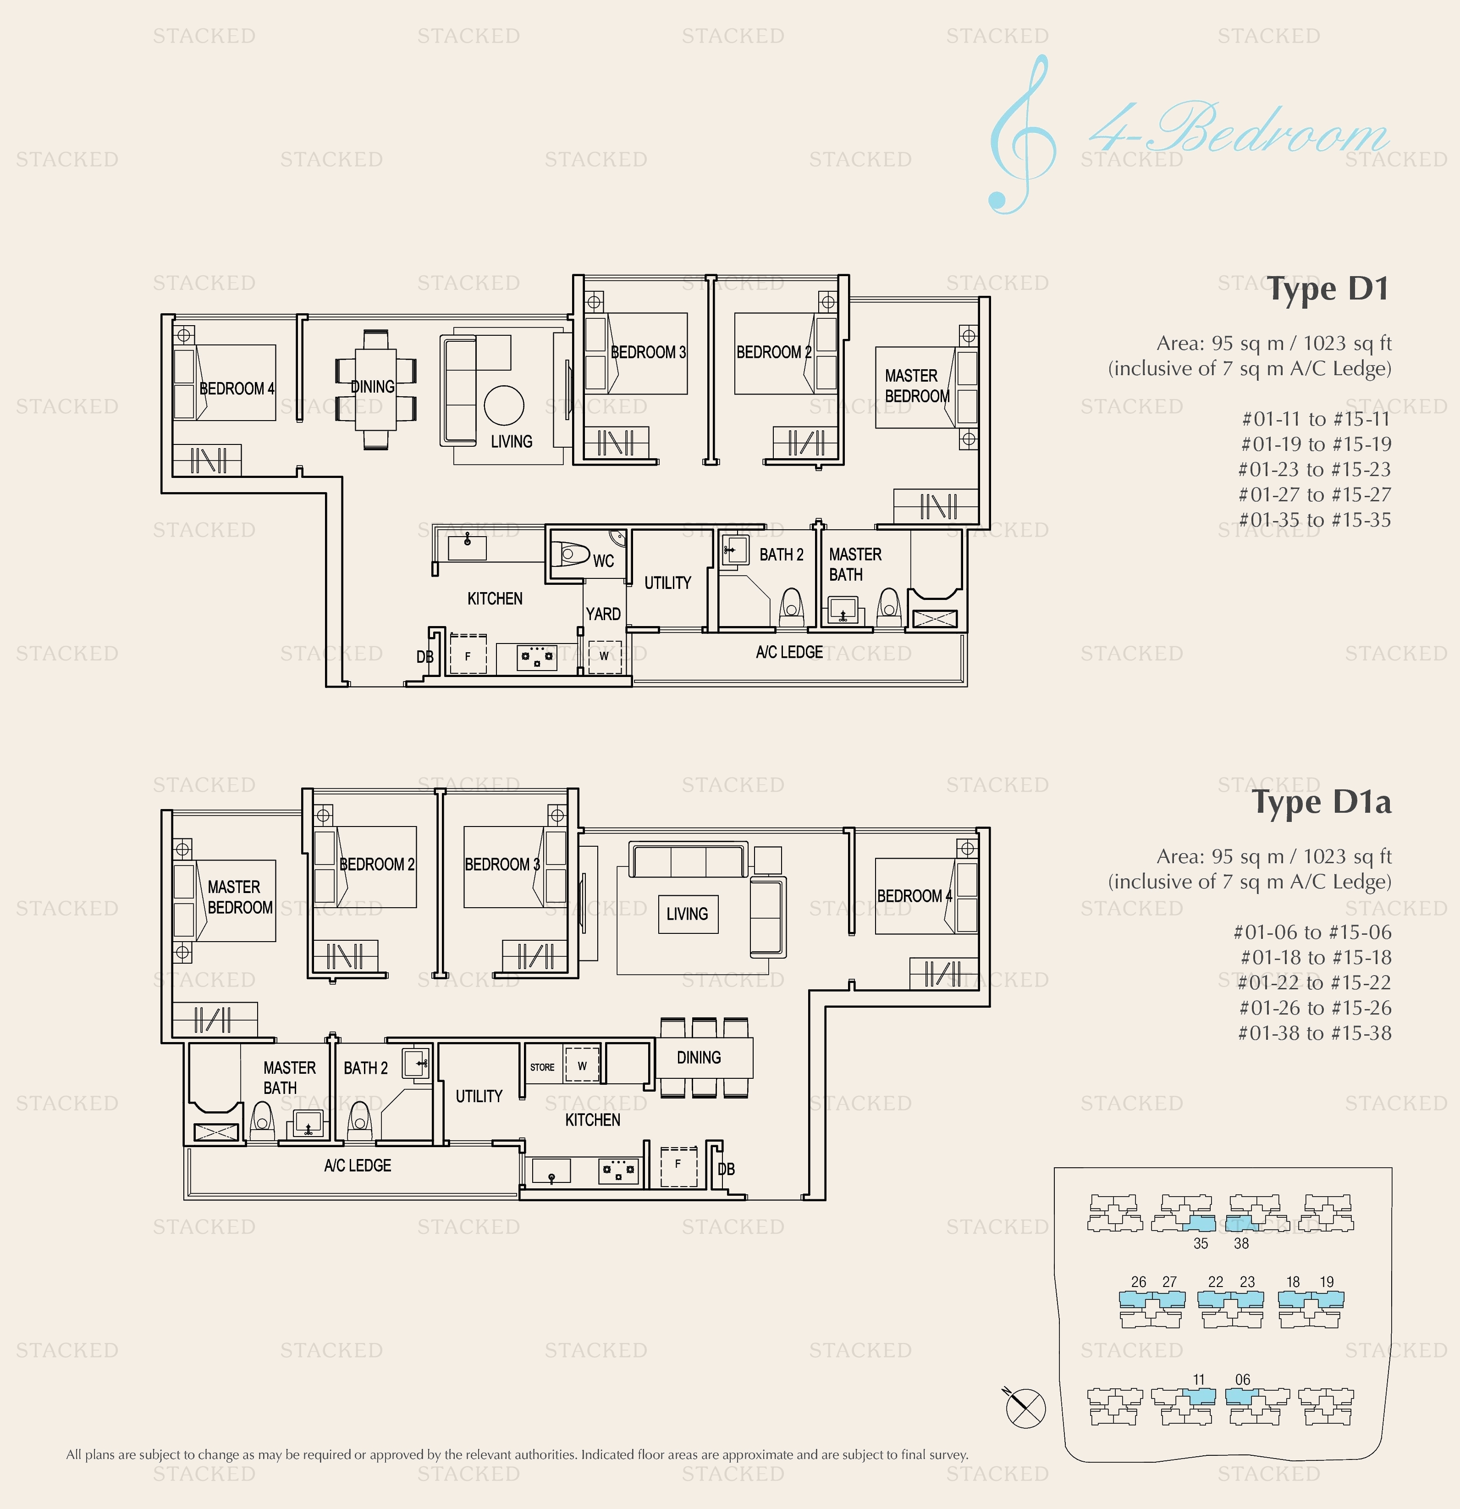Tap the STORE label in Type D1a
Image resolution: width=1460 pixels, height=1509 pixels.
[542, 1067]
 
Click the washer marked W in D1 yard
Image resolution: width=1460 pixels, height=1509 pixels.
[604, 656]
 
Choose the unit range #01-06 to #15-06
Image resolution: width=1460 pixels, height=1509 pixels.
[1312, 932]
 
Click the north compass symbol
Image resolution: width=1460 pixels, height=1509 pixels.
[1025, 1408]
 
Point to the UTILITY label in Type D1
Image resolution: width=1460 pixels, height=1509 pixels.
[667, 583]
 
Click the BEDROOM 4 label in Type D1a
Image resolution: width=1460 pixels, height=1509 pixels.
[914, 896]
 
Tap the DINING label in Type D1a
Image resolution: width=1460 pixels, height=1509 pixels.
[698, 1058]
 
